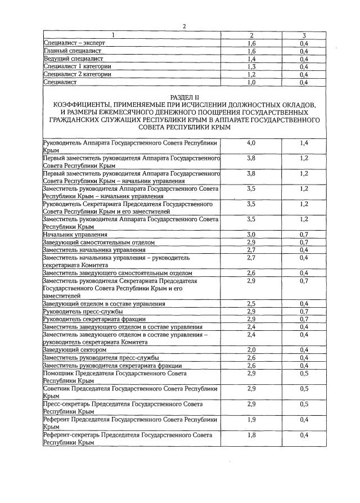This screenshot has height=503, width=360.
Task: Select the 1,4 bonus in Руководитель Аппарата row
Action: [304, 143]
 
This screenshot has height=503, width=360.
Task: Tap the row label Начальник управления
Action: [75, 233]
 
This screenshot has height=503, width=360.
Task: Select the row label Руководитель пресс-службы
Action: [83, 311]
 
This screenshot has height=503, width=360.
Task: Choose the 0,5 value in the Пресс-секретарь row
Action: [304, 404]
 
